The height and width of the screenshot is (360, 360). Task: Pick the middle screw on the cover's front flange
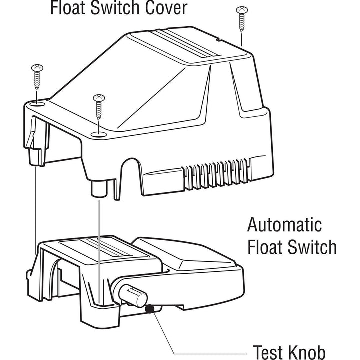coord(99,107)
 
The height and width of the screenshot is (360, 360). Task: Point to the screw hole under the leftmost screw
coord(37,103)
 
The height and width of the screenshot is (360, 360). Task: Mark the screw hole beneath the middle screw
coord(99,133)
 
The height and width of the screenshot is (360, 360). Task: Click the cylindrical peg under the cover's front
coord(99,189)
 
